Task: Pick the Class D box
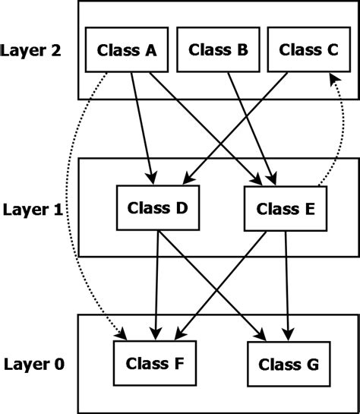pos(158,207)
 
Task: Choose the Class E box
pos(285,207)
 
